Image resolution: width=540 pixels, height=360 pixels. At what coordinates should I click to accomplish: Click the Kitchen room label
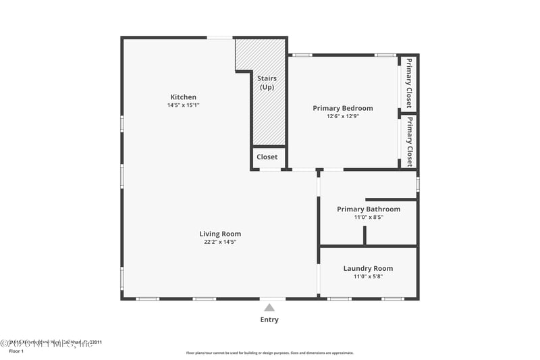click(183, 97)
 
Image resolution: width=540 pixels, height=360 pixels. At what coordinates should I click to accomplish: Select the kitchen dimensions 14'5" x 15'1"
click(183, 105)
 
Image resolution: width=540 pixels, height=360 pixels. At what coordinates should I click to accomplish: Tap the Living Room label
click(220, 234)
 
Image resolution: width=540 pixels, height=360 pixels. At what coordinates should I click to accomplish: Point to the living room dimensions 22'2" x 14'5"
click(220, 242)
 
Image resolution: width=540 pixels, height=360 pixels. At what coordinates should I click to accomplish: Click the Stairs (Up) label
click(267, 83)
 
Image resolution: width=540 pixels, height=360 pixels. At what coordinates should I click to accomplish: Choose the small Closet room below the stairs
click(267, 157)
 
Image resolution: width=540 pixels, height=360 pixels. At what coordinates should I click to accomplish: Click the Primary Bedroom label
click(342, 108)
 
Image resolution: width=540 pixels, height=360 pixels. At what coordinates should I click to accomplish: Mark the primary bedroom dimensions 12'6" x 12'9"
click(342, 116)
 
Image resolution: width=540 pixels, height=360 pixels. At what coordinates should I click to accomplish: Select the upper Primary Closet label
click(408, 83)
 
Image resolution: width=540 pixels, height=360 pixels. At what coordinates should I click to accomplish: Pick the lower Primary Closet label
click(408, 142)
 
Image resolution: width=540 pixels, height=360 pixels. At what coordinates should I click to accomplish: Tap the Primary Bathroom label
click(369, 209)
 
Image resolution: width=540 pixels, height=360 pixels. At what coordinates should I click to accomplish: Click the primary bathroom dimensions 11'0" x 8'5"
click(369, 217)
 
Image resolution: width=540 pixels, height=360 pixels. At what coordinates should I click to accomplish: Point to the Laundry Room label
click(368, 268)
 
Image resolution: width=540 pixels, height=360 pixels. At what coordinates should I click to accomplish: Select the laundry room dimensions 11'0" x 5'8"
click(368, 276)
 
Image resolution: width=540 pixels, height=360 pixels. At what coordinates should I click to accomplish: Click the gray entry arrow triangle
click(269, 308)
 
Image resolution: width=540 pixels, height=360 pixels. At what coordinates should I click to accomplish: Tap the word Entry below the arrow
click(269, 320)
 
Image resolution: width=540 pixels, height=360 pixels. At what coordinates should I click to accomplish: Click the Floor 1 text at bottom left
click(16, 351)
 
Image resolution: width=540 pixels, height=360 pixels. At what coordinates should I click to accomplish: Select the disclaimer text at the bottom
click(269, 353)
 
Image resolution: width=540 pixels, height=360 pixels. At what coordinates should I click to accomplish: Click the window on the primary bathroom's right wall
click(418, 183)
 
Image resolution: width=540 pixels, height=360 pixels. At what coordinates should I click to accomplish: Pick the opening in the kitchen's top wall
click(220, 37)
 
